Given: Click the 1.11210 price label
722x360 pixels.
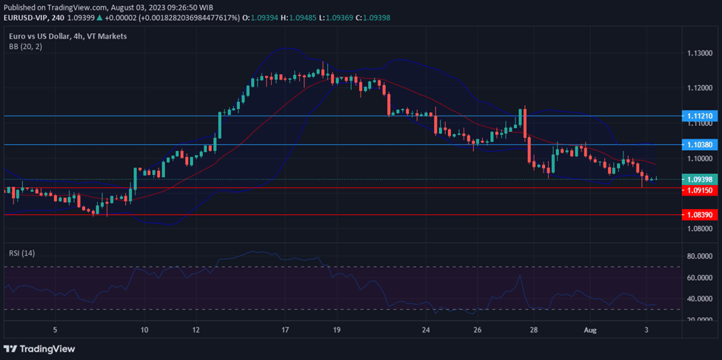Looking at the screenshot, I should [699, 116].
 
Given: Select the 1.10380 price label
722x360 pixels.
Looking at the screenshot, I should [699, 145].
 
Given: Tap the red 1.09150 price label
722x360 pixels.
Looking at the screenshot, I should [699, 190].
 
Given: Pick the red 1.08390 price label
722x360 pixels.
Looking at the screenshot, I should [699, 215].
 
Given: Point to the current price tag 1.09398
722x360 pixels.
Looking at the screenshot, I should [699, 179].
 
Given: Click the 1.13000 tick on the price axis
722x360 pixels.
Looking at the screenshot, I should [699, 53].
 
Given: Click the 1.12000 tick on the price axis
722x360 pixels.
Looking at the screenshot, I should [699, 88].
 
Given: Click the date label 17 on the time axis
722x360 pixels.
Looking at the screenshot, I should [285, 329].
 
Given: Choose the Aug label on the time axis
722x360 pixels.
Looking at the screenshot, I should [589, 329].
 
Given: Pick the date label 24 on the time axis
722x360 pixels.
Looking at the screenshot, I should [426, 329].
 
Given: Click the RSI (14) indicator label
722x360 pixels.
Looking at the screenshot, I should [21, 253].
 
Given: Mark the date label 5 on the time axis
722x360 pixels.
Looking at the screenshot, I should [55, 329].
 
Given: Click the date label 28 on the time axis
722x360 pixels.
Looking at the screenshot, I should [534, 329].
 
